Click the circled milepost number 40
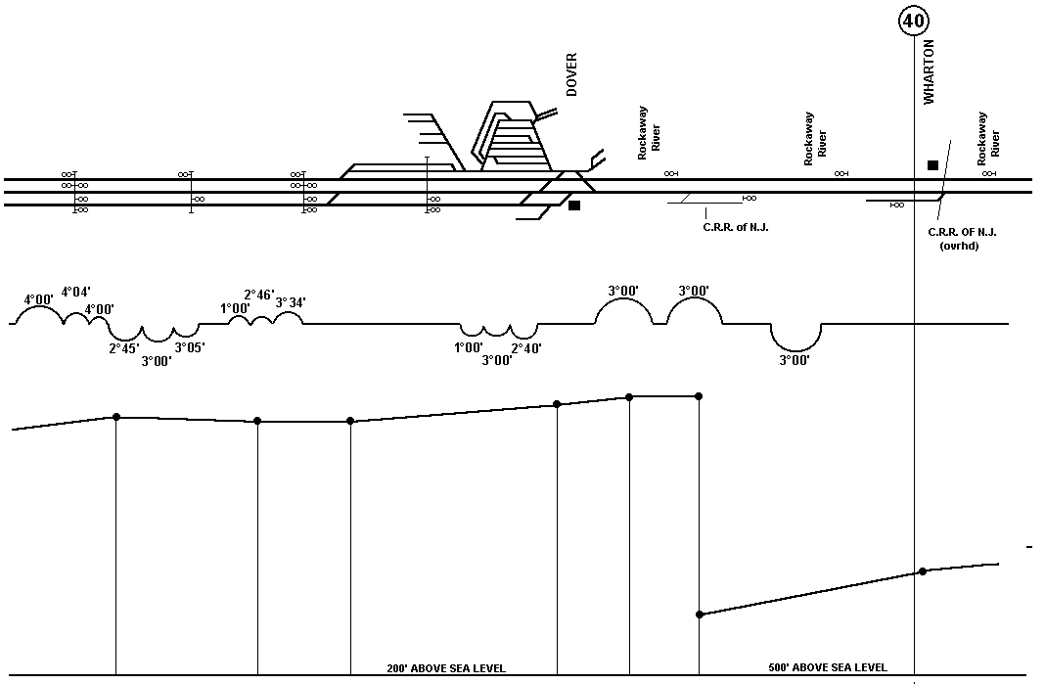pyautogui.click(x=913, y=22)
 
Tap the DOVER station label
pyautogui.click(x=571, y=74)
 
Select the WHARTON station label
pyautogui.click(x=929, y=72)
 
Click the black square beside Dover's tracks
pyautogui.click(x=574, y=205)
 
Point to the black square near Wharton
pyautogui.click(x=933, y=164)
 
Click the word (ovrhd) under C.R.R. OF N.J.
pyautogui.click(x=959, y=246)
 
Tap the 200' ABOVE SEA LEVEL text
pyautogui.click(x=446, y=668)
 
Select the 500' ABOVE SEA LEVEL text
pyautogui.click(x=828, y=666)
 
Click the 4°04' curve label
pyautogui.click(x=76, y=292)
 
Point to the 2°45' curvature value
pyautogui.click(x=124, y=348)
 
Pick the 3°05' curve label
pyautogui.click(x=190, y=346)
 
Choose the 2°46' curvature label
pyautogui.click(x=259, y=295)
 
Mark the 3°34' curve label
pyautogui.click(x=291, y=302)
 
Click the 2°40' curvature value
pyautogui.click(x=526, y=348)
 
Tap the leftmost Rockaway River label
pyautogui.click(x=649, y=133)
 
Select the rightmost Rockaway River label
pyautogui.click(x=988, y=139)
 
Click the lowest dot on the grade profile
pyautogui.click(x=699, y=614)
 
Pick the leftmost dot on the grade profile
pyautogui.click(x=116, y=417)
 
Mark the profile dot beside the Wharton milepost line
pyautogui.click(x=923, y=571)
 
